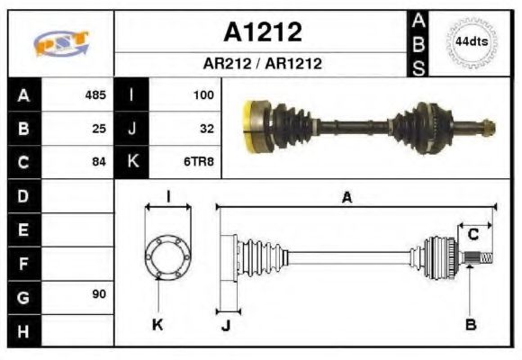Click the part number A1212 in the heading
pyautogui.click(x=262, y=33)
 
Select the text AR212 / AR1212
pyautogui.click(x=262, y=65)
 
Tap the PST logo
pyautogui.click(x=60, y=43)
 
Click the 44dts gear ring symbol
pyautogui.click(x=470, y=41)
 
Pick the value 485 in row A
pyautogui.click(x=95, y=94)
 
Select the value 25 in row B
pyautogui.click(x=99, y=128)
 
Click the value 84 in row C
pyautogui.click(x=99, y=162)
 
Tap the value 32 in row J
pyautogui.click(x=206, y=128)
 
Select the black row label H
pyautogui.click(x=23, y=330)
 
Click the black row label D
pyautogui.click(x=23, y=195)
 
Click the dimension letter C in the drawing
pyautogui.click(x=472, y=236)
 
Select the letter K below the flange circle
pyautogui.click(x=157, y=324)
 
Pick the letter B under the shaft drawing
pyautogui.click(x=470, y=324)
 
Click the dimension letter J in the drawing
pyautogui.click(x=225, y=325)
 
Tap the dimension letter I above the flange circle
pyautogui.click(x=168, y=197)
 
